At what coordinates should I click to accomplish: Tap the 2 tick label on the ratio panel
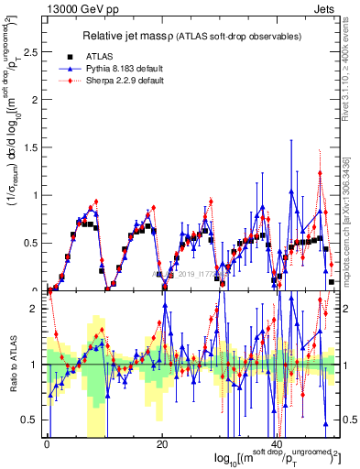pos(36,310)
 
